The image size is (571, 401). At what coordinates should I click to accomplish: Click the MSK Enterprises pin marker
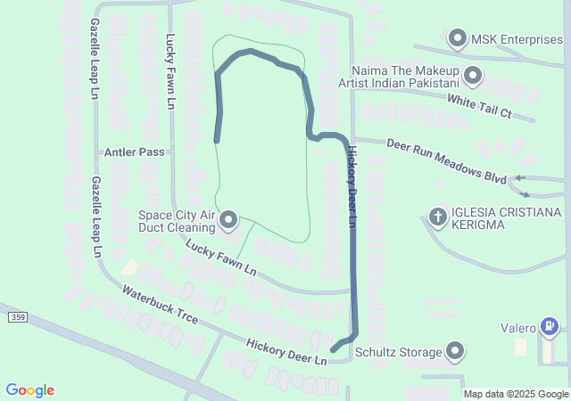pyautogui.click(x=458, y=38)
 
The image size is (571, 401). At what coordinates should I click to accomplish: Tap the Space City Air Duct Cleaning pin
pyautogui.click(x=228, y=219)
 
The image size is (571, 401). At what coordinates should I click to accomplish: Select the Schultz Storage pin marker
pyautogui.click(x=456, y=351)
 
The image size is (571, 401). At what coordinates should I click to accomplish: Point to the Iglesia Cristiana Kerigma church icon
pyautogui.click(x=437, y=216)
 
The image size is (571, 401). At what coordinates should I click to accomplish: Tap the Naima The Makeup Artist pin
pyautogui.click(x=473, y=77)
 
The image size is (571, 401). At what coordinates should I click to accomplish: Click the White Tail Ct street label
pyautogui.click(x=479, y=106)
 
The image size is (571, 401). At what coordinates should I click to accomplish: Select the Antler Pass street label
pyautogui.click(x=134, y=152)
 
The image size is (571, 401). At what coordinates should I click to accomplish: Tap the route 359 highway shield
pyautogui.click(x=16, y=317)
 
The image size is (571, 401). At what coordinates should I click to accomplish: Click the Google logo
pyautogui.click(x=30, y=390)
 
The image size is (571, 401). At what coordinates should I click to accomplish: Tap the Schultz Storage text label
pyautogui.click(x=398, y=352)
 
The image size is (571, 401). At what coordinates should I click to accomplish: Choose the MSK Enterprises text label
pyautogui.click(x=517, y=39)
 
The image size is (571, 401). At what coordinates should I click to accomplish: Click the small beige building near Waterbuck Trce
pyautogui.click(x=129, y=267)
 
